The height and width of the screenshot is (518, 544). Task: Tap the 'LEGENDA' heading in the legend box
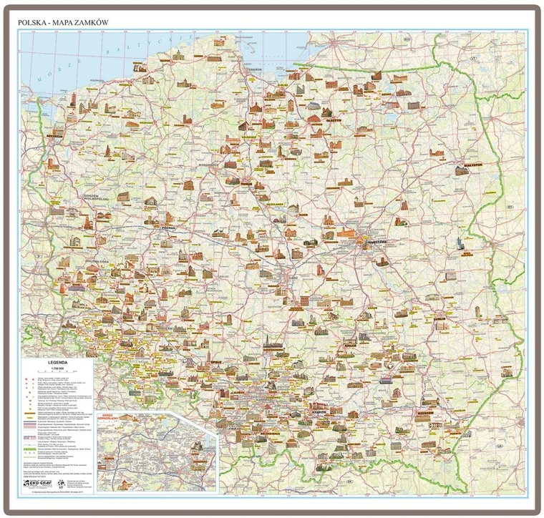point(59,361)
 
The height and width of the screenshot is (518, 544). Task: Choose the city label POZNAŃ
point(170,230)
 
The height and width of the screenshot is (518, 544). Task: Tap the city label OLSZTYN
point(336,121)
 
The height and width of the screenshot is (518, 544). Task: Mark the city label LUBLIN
point(438,318)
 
